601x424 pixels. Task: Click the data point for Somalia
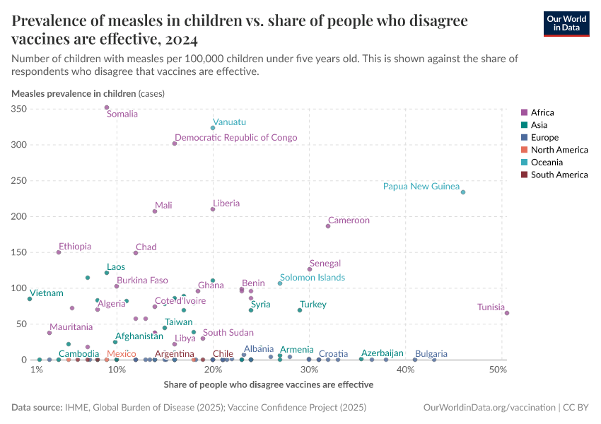(107, 107)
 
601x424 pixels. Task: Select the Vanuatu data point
(213, 128)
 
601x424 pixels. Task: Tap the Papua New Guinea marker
(463, 192)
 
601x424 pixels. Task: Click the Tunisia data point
(507, 313)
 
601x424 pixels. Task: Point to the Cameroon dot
(328, 226)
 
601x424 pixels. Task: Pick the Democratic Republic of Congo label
(236, 138)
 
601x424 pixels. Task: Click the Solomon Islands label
(312, 278)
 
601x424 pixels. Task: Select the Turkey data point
(300, 310)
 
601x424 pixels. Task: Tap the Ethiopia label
(75, 247)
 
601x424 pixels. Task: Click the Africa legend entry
(542, 112)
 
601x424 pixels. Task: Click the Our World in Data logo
(566, 23)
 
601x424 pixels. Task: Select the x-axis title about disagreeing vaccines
(268, 385)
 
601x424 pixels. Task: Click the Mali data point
(155, 211)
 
